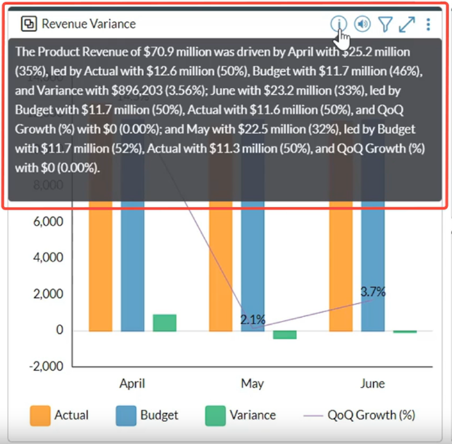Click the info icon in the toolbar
pos(338,24)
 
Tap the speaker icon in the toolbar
pos(362,24)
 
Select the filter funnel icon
pos(384,24)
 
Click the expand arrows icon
pos(407,24)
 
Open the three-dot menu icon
pos(428,24)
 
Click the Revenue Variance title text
pos(88,24)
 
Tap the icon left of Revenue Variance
pos(29,24)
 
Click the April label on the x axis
pos(132,384)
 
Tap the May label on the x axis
pos(252,384)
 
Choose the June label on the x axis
pos(372,384)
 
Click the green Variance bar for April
pos(165,323)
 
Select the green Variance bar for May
pos(285,334)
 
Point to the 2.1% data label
pos(253,319)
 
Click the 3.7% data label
pos(373,292)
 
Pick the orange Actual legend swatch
pos(40,415)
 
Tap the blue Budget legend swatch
pos(126,415)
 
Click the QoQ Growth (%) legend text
pos(371,415)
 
